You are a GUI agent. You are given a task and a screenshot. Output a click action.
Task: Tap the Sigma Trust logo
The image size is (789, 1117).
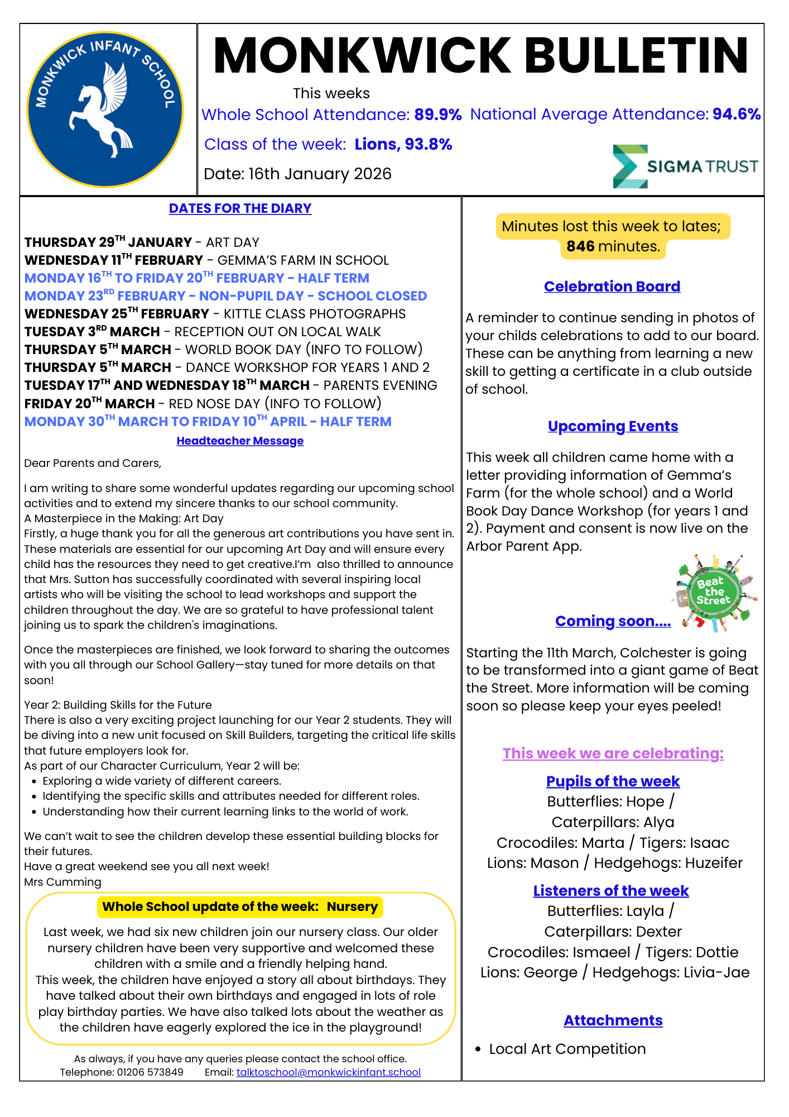click(x=685, y=166)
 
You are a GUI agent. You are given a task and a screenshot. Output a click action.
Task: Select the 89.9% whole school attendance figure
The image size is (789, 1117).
click(x=437, y=114)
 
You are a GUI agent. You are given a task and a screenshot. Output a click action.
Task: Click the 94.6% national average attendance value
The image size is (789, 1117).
click(x=736, y=114)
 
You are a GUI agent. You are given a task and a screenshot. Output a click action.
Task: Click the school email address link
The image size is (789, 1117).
click(x=328, y=1072)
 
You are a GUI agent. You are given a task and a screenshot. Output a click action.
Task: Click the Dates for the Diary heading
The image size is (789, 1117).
click(x=240, y=208)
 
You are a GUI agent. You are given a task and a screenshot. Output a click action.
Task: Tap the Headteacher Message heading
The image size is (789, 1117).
click(x=240, y=441)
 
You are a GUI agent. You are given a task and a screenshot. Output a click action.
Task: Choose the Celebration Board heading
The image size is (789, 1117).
click(x=612, y=287)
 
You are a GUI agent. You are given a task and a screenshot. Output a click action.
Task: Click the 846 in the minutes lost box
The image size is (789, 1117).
click(x=580, y=246)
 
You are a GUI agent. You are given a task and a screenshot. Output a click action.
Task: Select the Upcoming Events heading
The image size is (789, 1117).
click(x=613, y=426)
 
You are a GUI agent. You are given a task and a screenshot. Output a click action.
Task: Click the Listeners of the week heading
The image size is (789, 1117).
click(x=611, y=890)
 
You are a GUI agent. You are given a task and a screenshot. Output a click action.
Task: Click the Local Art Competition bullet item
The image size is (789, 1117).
click(x=567, y=1049)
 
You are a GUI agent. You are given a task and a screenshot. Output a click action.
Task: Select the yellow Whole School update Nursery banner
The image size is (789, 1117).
click(x=240, y=906)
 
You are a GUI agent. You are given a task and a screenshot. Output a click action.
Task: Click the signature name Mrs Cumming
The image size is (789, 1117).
click(x=62, y=882)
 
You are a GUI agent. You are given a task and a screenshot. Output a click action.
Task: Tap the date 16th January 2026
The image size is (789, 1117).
click(x=320, y=174)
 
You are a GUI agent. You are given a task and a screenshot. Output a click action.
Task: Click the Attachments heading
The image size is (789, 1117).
click(x=613, y=1020)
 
